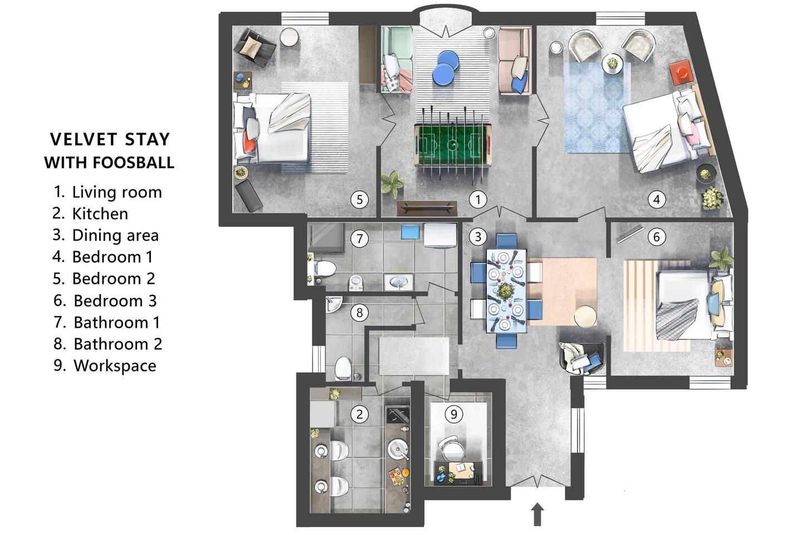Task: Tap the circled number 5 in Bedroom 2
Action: click(359, 200)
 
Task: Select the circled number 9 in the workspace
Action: click(453, 414)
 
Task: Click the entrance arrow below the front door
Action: click(537, 514)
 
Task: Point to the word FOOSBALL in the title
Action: click(133, 163)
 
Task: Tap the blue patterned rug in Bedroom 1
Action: click(597, 108)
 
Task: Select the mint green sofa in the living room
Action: click(397, 60)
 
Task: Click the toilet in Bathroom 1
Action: click(325, 269)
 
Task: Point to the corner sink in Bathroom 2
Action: click(334, 304)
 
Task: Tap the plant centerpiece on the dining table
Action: click(506, 290)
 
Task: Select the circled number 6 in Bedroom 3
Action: click(656, 236)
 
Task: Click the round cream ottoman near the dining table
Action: click(585, 316)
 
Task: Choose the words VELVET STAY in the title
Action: click(110, 139)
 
